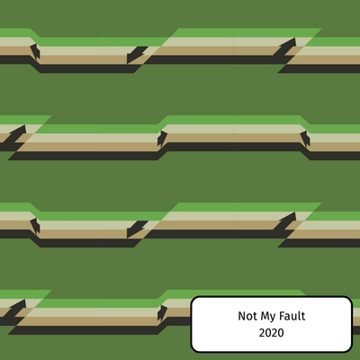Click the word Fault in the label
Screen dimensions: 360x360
(x=292, y=316)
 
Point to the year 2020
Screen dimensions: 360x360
(x=272, y=333)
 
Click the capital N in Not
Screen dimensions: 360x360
(x=242, y=316)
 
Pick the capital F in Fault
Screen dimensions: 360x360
(x=282, y=316)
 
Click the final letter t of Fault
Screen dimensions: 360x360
(x=303, y=316)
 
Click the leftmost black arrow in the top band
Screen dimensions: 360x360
(x=35, y=51)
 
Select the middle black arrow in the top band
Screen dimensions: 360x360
(x=137, y=55)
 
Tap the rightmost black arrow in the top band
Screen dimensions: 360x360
(x=284, y=47)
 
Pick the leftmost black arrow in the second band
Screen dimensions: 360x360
(x=14, y=134)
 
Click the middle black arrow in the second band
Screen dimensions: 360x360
(x=162, y=139)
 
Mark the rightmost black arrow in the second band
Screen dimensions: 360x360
(x=305, y=139)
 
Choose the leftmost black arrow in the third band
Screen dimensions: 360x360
(x=35, y=226)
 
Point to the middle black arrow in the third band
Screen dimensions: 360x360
(x=137, y=229)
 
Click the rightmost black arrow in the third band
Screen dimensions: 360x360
(x=284, y=221)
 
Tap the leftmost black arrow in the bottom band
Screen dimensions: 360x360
(x=14, y=309)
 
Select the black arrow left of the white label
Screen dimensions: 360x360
(x=162, y=313)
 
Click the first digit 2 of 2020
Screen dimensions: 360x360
(x=262, y=333)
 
